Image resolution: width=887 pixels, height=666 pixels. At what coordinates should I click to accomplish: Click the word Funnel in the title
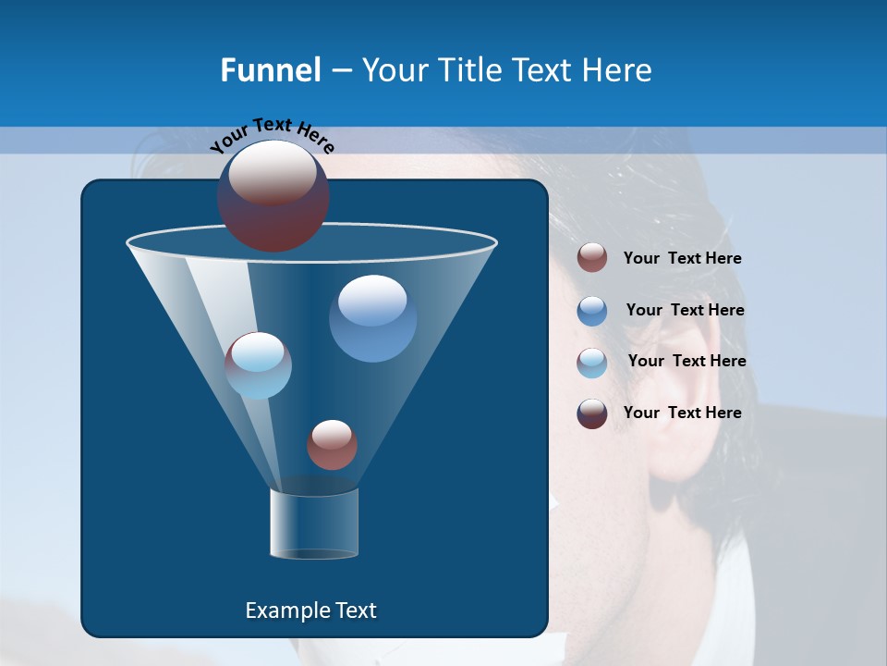pyautogui.click(x=270, y=69)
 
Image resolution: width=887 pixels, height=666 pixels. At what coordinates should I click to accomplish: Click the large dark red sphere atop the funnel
pyautogui.click(x=273, y=195)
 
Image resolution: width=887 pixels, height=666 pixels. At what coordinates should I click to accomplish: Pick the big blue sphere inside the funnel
pyautogui.click(x=372, y=318)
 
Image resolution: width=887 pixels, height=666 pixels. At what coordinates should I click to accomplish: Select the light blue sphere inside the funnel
pyautogui.click(x=259, y=365)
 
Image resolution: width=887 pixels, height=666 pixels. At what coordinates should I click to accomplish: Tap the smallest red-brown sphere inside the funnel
pyautogui.click(x=332, y=444)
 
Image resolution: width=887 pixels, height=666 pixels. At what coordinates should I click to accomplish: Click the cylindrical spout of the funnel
pyautogui.click(x=314, y=524)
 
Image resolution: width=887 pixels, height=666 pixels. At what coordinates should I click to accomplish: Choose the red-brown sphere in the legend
pyautogui.click(x=592, y=258)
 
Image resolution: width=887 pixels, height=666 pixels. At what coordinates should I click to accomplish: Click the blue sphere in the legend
pyautogui.click(x=592, y=311)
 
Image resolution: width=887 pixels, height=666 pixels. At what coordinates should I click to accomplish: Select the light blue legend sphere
pyautogui.click(x=592, y=363)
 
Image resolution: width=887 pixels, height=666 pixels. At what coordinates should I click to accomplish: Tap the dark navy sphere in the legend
pyautogui.click(x=592, y=413)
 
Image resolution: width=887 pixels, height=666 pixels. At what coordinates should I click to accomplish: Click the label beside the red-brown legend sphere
pyautogui.click(x=682, y=259)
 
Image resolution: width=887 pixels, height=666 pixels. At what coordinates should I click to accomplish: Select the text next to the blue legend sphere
pyautogui.click(x=685, y=310)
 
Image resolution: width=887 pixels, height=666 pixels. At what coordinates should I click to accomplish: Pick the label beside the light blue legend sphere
pyautogui.click(x=687, y=361)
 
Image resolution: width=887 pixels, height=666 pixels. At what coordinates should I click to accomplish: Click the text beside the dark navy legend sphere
pyautogui.click(x=682, y=413)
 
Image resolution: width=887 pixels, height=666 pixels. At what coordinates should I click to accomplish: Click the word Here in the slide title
pyautogui.click(x=617, y=69)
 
